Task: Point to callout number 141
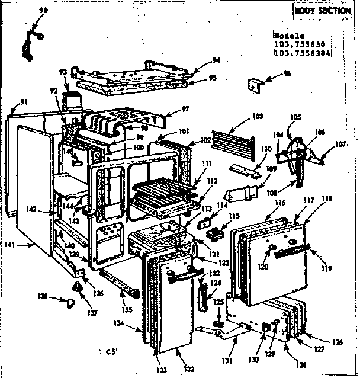[x=24, y=244]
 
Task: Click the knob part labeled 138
[x=70, y=304]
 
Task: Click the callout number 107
[x=340, y=143]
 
